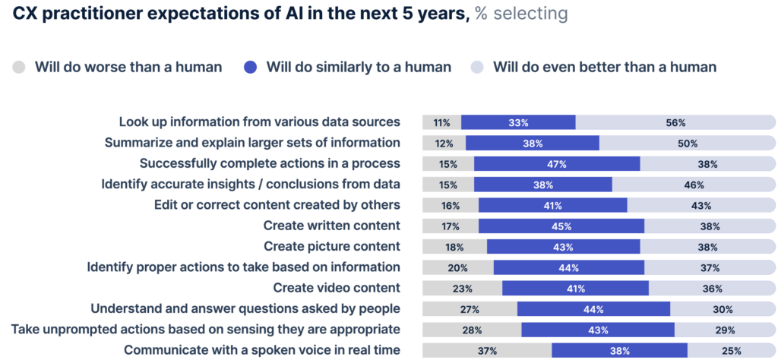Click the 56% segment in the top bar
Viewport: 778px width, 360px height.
[x=675, y=122]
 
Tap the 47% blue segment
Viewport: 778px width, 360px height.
[x=557, y=163]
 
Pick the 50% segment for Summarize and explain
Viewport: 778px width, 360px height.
[x=688, y=143]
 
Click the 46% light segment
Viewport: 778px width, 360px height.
[x=694, y=185]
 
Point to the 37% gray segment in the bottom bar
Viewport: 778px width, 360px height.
[x=487, y=350]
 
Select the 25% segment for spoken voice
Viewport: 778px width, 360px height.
[x=732, y=350]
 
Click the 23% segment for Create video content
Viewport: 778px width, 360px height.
[x=462, y=288]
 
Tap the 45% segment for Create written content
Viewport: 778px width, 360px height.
[x=561, y=226]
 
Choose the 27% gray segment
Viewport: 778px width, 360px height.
[x=470, y=309]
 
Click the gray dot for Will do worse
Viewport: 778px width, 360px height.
[x=20, y=67]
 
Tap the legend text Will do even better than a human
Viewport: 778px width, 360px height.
[x=604, y=67]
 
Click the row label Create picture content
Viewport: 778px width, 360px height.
[x=331, y=246]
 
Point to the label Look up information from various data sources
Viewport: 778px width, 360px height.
[x=259, y=122]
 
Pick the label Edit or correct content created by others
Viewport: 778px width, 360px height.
[x=277, y=204]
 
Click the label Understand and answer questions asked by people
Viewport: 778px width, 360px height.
[x=245, y=308]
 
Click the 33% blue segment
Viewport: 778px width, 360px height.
[x=518, y=122]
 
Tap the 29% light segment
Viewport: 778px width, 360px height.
[x=725, y=330]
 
